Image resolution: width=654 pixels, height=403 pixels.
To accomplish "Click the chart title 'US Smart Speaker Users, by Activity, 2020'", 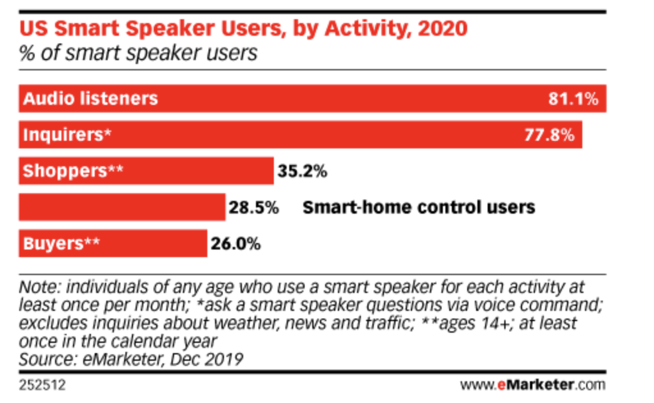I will (x=243, y=29).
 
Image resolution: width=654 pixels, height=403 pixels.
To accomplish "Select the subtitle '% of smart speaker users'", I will (x=138, y=52).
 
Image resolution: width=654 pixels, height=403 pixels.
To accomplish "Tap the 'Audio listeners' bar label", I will (x=90, y=99).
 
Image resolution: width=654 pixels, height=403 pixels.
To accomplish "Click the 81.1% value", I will (x=573, y=99).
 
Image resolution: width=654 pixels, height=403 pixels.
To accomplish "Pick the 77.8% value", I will (x=549, y=135).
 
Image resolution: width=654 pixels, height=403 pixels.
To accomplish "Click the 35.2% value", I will (x=302, y=171).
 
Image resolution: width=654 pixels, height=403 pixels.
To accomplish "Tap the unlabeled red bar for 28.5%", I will (x=122, y=207).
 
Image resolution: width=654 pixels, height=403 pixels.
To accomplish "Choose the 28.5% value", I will (x=253, y=208).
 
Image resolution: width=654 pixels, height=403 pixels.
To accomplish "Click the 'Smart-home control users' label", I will (x=419, y=208).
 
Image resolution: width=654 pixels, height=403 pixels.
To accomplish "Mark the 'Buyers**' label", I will (x=61, y=244).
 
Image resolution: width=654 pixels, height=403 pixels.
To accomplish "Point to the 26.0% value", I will (x=235, y=244).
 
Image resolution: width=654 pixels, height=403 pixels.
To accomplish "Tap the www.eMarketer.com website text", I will (x=532, y=385).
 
